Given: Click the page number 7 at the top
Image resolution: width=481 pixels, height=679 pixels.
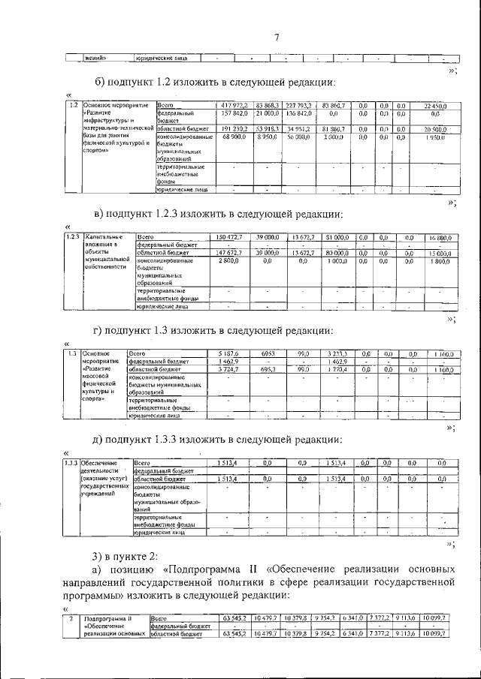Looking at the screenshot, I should [x=276, y=38].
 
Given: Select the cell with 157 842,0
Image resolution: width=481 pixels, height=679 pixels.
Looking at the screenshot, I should [x=219, y=113].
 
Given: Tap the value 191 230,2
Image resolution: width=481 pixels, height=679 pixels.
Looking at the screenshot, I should [x=219, y=129].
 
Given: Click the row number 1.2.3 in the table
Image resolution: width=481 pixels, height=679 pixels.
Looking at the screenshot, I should [x=73, y=237].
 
